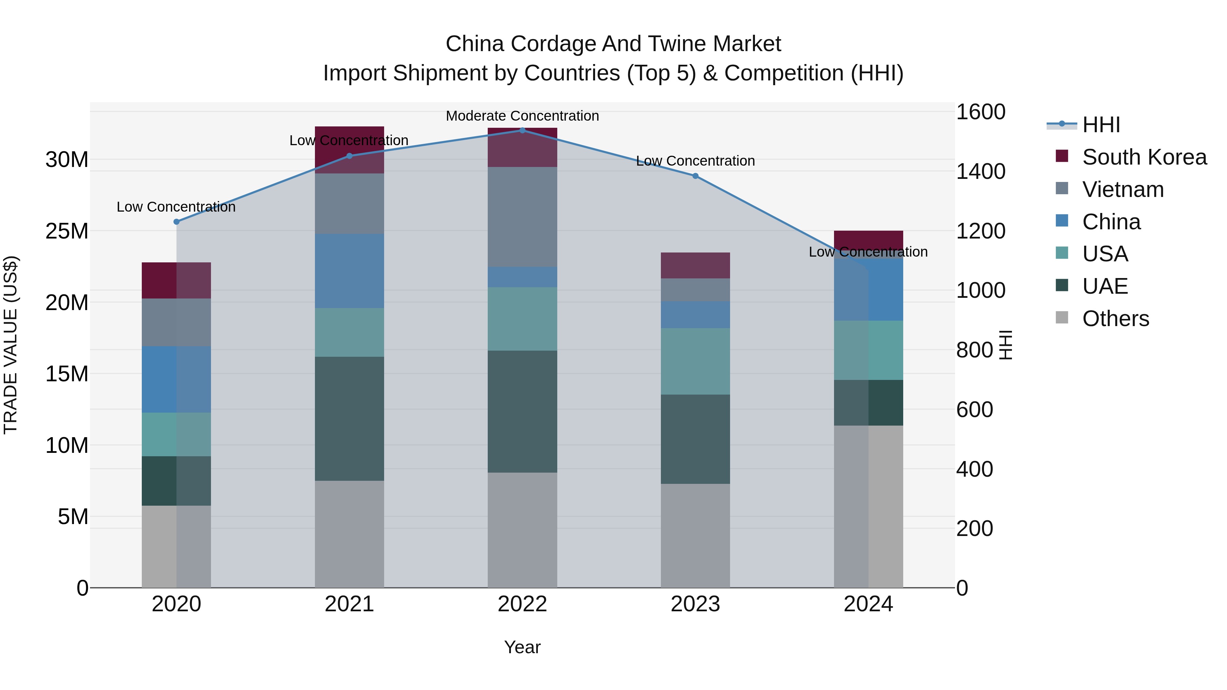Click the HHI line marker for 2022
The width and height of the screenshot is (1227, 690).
522,130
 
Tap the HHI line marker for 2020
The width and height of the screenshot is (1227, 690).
176,221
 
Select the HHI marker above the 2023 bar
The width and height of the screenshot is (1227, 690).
695,176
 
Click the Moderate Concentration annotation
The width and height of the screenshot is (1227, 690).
522,116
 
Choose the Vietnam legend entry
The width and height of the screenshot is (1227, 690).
1123,189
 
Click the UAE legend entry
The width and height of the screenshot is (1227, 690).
1105,286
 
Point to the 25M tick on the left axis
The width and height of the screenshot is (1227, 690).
67,231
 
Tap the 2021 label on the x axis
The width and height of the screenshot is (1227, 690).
349,604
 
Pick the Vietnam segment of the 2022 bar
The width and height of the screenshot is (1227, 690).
522,217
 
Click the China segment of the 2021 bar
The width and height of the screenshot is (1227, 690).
349,271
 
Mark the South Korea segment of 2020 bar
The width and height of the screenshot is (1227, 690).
176,280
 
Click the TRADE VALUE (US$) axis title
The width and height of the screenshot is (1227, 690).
11,345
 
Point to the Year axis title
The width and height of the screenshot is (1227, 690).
522,647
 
